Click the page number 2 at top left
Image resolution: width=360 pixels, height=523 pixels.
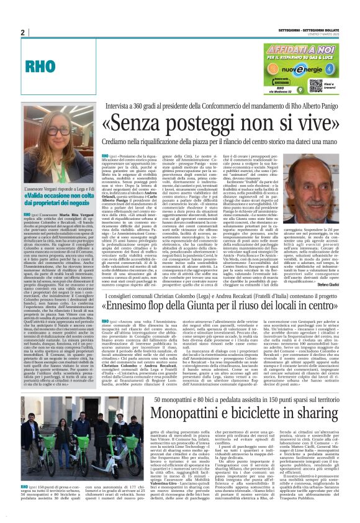point(22,33)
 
